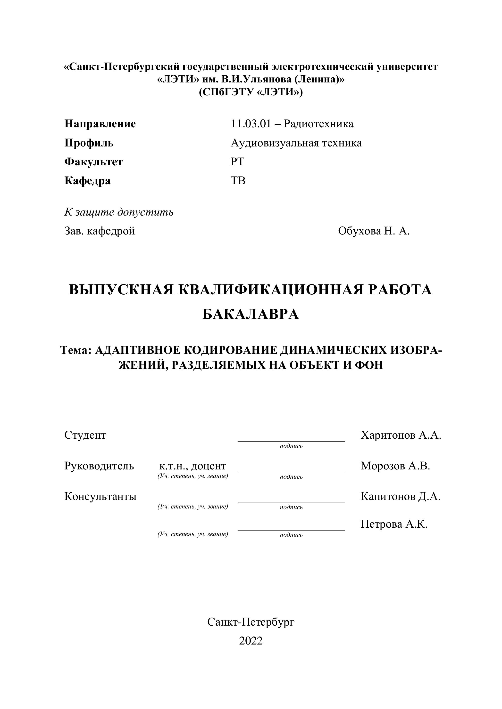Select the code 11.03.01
(x=251, y=124)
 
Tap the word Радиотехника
(x=318, y=124)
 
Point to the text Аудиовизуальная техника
(x=296, y=143)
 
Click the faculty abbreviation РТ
(x=237, y=162)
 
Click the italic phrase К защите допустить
(x=119, y=212)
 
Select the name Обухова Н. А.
(x=374, y=231)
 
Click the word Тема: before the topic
(x=76, y=350)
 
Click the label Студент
(x=85, y=435)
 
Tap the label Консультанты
(x=100, y=497)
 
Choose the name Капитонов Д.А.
(x=400, y=497)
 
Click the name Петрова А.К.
(x=394, y=524)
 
